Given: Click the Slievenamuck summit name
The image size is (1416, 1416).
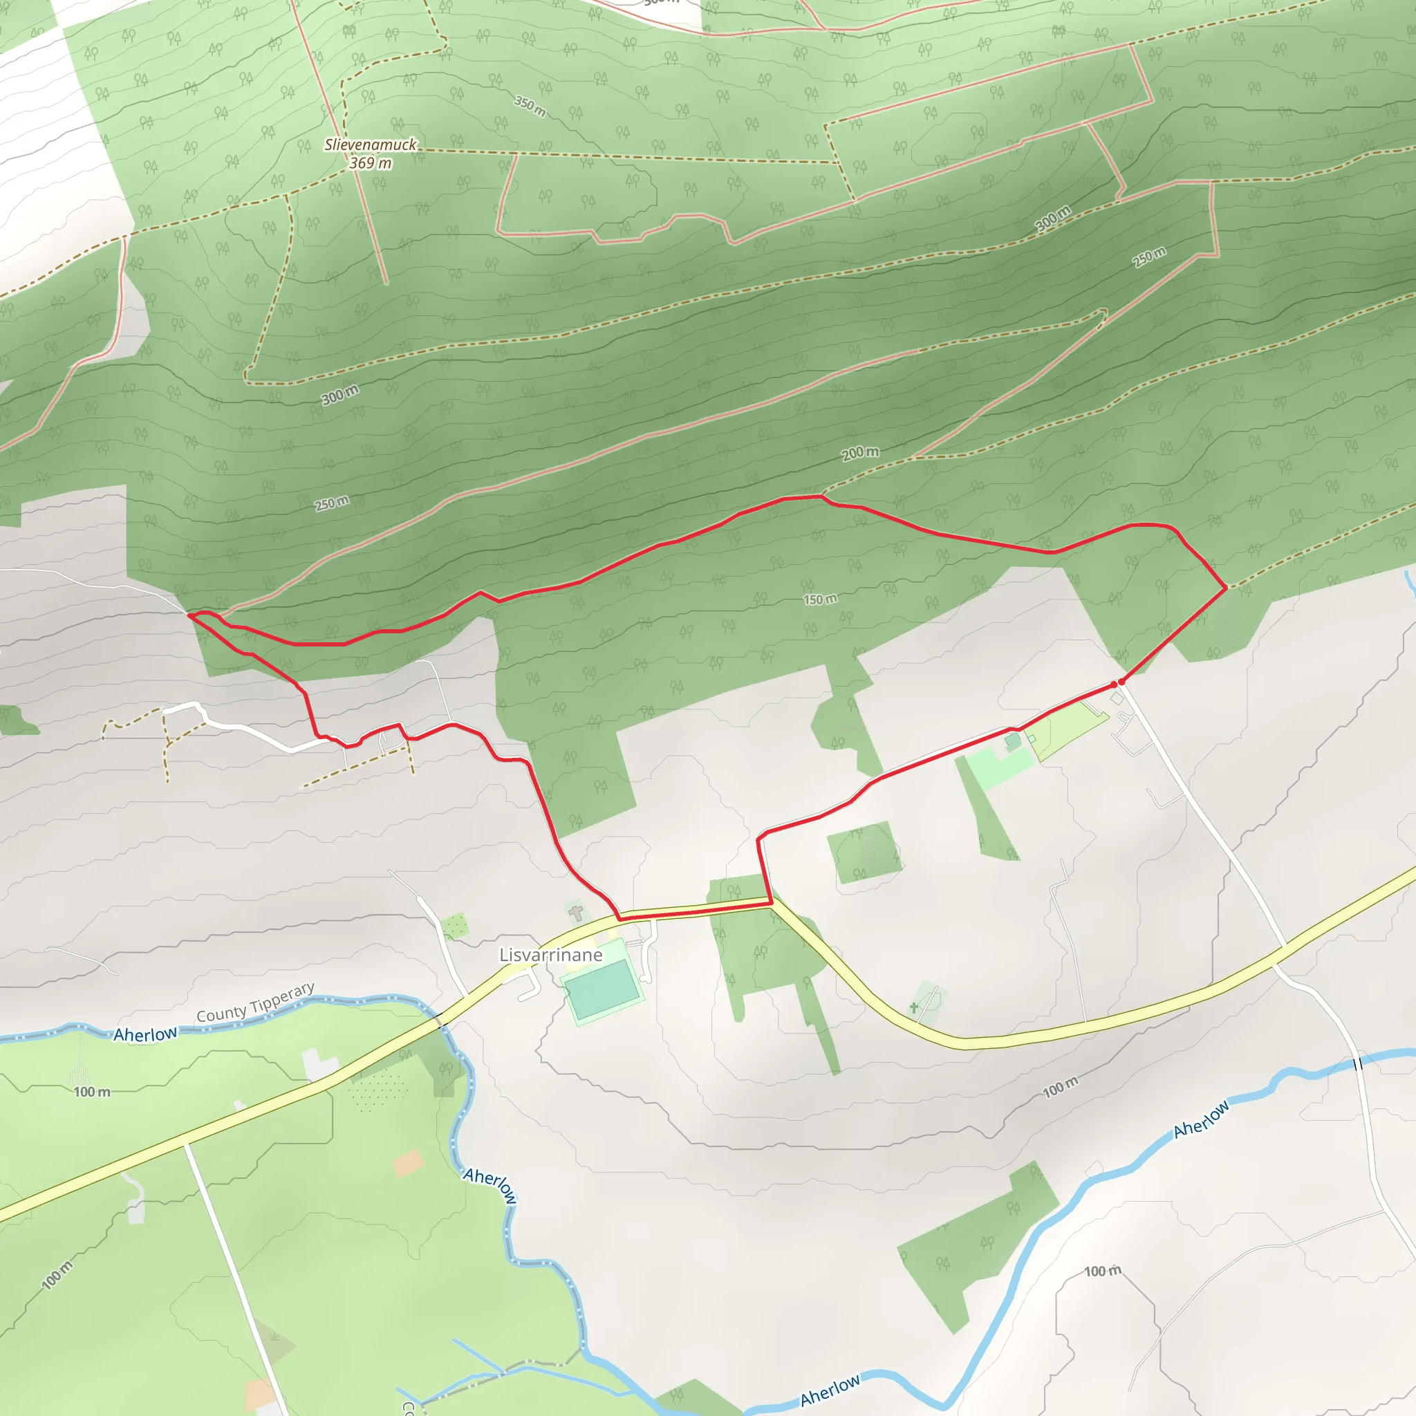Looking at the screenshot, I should tap(370, 145).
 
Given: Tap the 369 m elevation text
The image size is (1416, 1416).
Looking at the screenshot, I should tap(370, 162).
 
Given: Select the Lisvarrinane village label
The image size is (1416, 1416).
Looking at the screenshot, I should tap(550, 955).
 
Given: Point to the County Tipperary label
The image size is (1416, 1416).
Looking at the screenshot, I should tap(255, 1003).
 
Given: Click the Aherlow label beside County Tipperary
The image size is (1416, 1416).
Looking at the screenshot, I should tap(145, 1034).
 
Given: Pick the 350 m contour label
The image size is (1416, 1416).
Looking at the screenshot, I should tap(529, 106).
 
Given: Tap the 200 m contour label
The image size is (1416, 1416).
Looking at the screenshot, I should tap(859, 453).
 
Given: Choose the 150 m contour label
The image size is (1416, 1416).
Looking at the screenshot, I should tap(820, 599).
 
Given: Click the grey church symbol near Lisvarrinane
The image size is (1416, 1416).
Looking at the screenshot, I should tap(577, 913).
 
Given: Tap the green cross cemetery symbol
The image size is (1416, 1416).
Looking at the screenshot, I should tap(914, 1008).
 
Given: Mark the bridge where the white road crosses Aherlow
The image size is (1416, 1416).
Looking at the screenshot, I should tap(1358, 1063).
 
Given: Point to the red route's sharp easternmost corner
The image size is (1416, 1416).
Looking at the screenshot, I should tap(1226, 588).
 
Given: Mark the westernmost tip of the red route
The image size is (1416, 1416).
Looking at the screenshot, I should tap(189, 615).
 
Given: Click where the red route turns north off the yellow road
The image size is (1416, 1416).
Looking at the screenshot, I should tap(771, 904).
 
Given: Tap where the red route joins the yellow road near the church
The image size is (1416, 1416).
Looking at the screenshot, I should tap(620, 917).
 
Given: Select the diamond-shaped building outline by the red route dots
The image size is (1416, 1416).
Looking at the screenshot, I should tap(1117, 699).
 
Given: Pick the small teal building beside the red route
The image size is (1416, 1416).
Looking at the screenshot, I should tap(1013, 742).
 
